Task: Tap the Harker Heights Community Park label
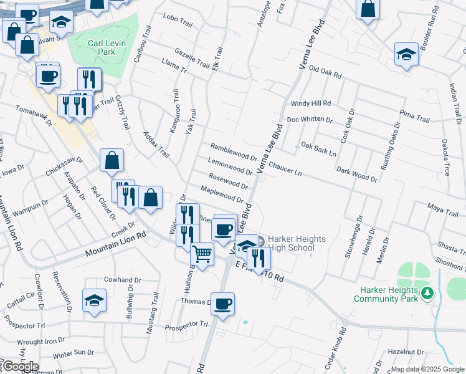[x=384, y=294]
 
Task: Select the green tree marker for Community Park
[x=427, y=292]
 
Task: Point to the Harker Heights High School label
[x=291, y=243]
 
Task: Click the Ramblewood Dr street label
[x=234, y=153]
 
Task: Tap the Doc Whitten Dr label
[x=310, y=120]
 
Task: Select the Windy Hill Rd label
[x=310, y=103]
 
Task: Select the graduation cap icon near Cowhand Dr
[x=95, y=300]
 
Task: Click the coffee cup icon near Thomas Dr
[x=222, y=304]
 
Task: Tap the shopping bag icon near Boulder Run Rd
[x=368, y=9]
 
